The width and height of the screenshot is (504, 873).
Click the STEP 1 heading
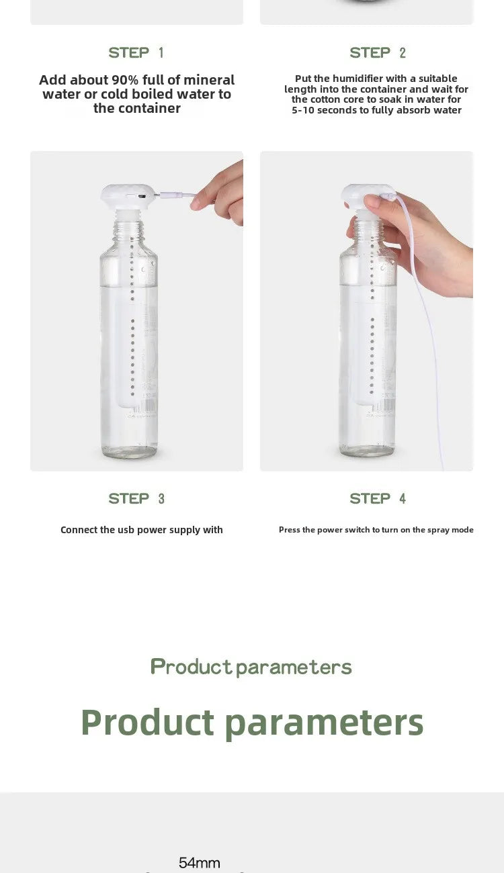136,52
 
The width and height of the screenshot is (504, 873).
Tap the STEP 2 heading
378,52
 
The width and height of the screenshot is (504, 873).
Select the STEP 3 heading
136,498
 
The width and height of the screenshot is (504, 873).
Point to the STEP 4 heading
378,498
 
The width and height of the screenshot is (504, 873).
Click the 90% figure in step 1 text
125,80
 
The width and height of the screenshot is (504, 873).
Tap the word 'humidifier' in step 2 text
358,79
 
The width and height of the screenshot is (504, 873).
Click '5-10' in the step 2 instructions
303,110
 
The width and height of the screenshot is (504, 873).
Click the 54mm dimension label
200,862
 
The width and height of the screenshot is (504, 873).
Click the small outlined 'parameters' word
294,668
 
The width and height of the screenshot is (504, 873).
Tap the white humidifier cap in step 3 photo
126,197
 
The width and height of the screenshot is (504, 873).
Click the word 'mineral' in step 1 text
209,80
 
